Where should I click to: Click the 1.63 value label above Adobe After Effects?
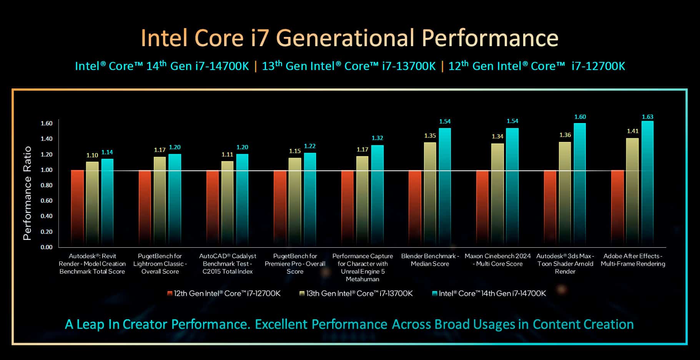(647, 117)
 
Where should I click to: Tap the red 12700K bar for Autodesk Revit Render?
(77, 208)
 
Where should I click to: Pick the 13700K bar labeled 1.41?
(632, 192)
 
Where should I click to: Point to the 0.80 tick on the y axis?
(47, 185)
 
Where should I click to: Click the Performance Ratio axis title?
(27, 193)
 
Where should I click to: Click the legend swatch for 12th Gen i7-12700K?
(170, 293)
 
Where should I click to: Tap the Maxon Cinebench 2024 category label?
(497, 260)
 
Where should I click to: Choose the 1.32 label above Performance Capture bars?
(377, 138)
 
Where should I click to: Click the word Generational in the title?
(345, 38)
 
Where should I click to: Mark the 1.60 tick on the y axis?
(47, 123)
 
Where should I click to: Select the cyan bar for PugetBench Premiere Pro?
(310, 200)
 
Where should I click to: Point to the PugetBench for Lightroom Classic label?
(160, 264)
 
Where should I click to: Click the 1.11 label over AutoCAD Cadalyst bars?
(227, 155)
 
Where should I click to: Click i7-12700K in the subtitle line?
(598, 66)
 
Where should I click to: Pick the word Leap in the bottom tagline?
(90, 325)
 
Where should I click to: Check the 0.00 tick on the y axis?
(47, 247)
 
